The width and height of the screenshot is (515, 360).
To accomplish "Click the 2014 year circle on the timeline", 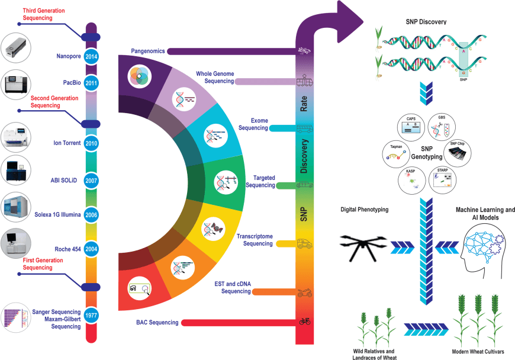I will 91,56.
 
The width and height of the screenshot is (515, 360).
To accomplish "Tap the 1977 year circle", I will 91,314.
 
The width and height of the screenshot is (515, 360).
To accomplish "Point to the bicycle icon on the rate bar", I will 305,322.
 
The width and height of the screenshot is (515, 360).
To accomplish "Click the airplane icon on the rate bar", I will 305,51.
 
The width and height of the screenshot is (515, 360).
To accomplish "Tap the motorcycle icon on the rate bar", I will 305,292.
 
